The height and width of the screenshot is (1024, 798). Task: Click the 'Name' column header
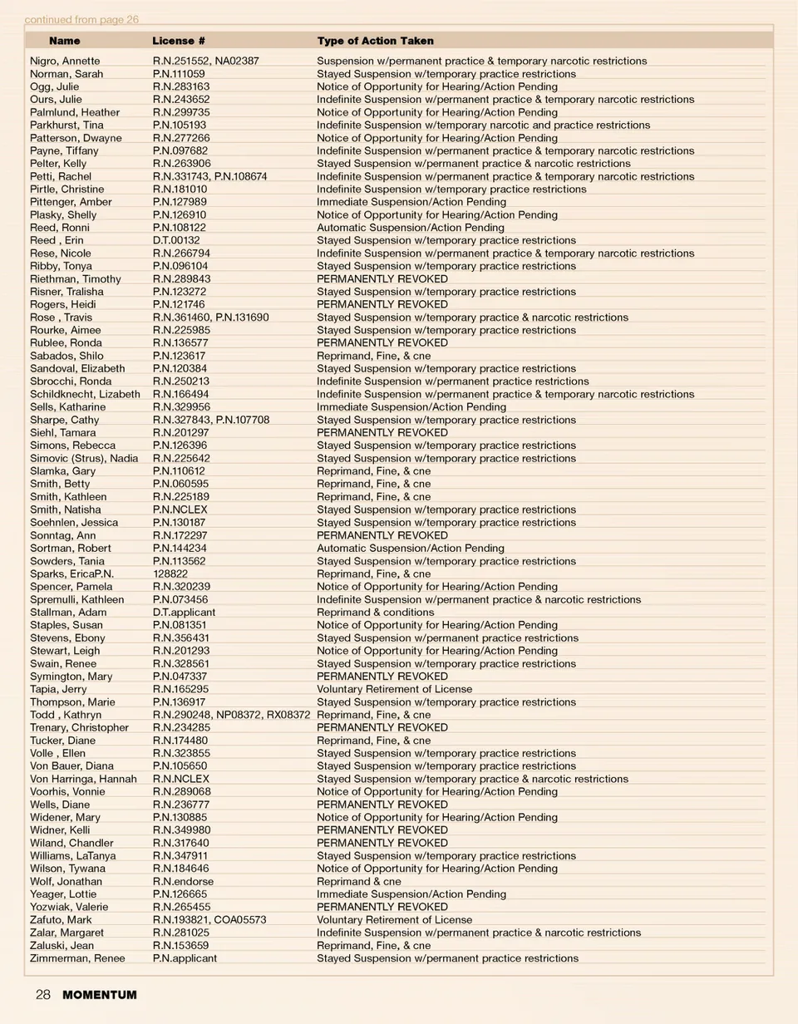point(65,41)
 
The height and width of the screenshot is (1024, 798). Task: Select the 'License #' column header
point(179,41)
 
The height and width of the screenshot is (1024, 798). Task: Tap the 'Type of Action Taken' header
point(375,41)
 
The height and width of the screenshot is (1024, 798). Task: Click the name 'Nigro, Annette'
point(65,61)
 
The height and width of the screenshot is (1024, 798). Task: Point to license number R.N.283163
point(181,86)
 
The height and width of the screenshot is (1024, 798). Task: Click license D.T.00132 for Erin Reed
point(176,240)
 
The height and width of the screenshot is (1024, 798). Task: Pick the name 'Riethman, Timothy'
point(76,278)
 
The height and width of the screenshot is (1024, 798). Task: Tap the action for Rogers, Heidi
point(382,304)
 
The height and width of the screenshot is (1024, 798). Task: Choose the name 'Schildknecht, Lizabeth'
point(85,394)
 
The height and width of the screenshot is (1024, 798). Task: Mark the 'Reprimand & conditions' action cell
point(375,612)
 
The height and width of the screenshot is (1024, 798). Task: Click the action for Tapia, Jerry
point(394,689)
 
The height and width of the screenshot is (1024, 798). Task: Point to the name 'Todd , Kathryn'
point(66,715)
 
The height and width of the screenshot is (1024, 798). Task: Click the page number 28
point(43,995)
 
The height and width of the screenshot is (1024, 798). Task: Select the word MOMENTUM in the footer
point(100,995)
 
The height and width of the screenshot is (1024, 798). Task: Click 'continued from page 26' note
point(81,19)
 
